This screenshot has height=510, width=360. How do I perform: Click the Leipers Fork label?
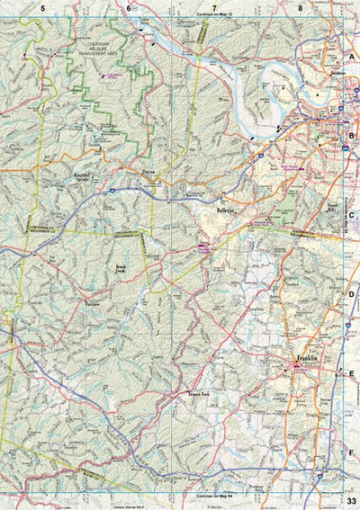(201, 393)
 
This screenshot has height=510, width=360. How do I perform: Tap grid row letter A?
(353, 55)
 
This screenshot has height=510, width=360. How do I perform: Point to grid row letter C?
(353, 215)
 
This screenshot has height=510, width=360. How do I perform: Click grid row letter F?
(353, 453)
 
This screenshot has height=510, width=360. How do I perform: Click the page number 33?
(351, 501)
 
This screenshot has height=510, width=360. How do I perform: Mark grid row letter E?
(353, 374)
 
